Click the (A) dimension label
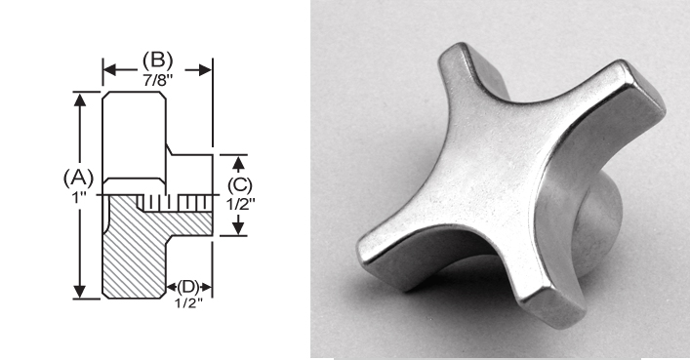click(77, 178)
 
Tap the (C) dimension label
click(240, 182)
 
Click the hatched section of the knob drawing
click(132, 254)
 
